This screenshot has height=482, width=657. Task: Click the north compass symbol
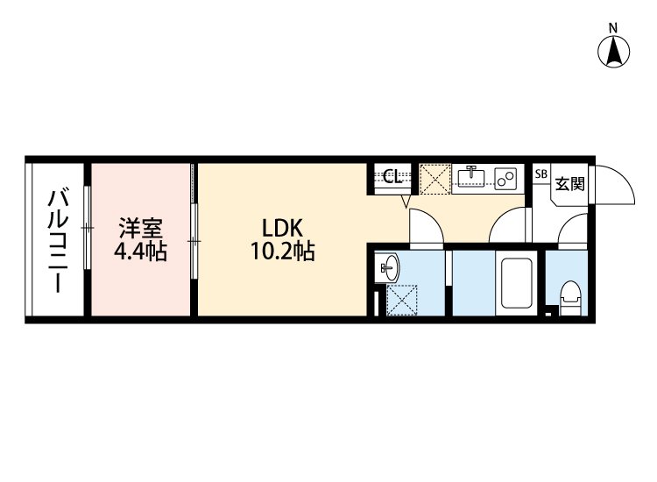[615, 53]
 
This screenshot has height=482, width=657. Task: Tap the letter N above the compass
[615, 27]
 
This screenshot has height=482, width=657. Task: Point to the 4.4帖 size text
[141, 253]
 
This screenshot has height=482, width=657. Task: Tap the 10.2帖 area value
[281, 253]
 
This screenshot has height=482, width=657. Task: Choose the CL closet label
[392, 176]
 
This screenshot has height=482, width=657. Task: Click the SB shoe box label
[540, 174]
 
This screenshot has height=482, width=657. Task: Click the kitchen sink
[471, 177]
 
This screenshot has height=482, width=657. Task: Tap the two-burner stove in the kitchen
[505, 177]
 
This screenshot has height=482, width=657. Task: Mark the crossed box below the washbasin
[401, 300]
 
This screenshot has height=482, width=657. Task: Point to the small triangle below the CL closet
[406, 202]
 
